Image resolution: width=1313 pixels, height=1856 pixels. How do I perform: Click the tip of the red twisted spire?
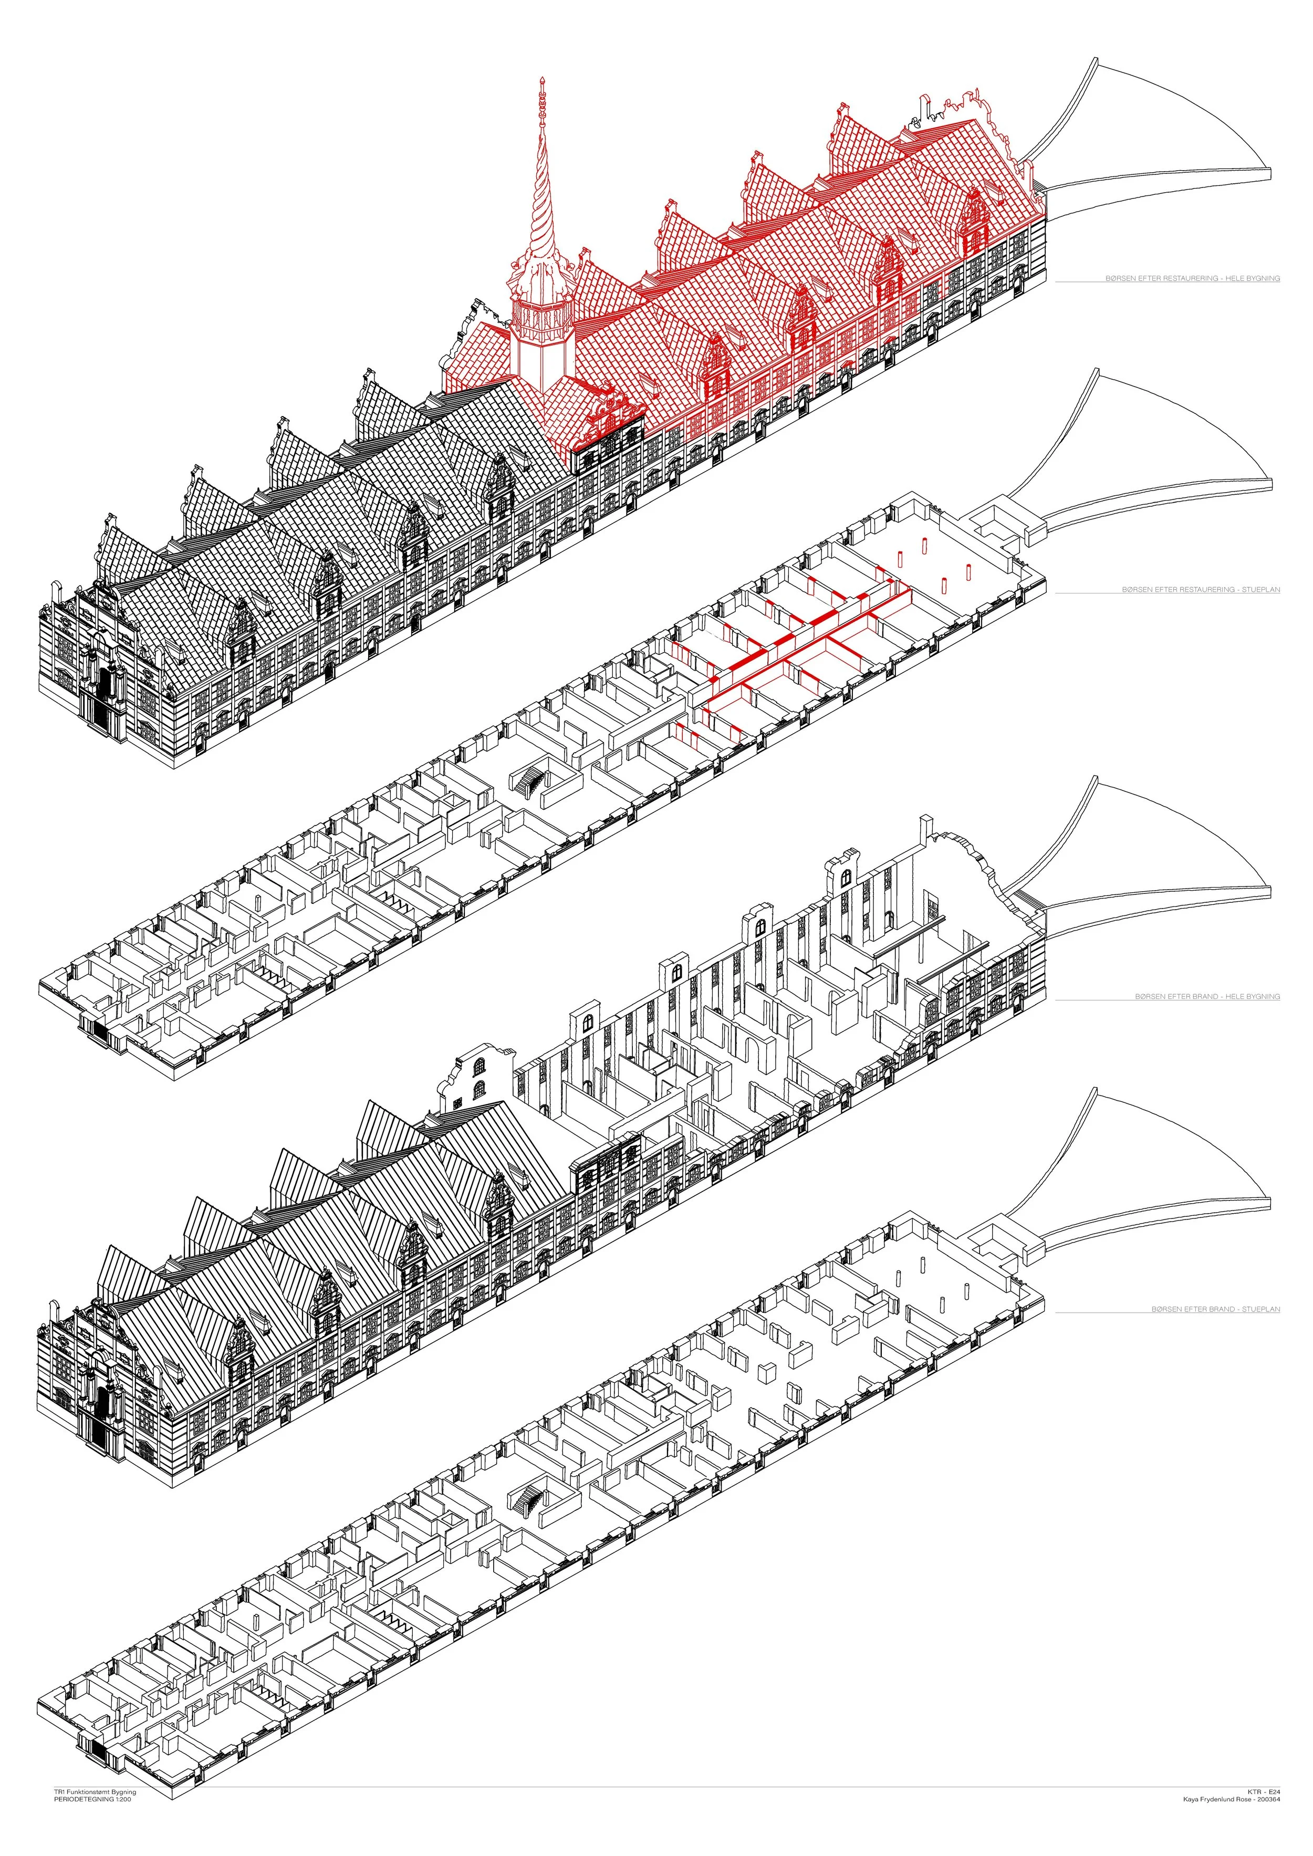coord(541,78)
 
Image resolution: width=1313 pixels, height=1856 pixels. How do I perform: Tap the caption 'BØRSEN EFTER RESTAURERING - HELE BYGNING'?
coord(1193,278)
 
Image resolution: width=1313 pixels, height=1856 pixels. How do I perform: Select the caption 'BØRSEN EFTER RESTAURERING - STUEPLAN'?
coord(1201,590)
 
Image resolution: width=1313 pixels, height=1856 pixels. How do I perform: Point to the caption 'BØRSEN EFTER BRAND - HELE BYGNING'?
coord(1207,997)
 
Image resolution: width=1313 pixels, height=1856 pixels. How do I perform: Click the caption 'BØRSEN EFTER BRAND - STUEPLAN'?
coord(1216,1309)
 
